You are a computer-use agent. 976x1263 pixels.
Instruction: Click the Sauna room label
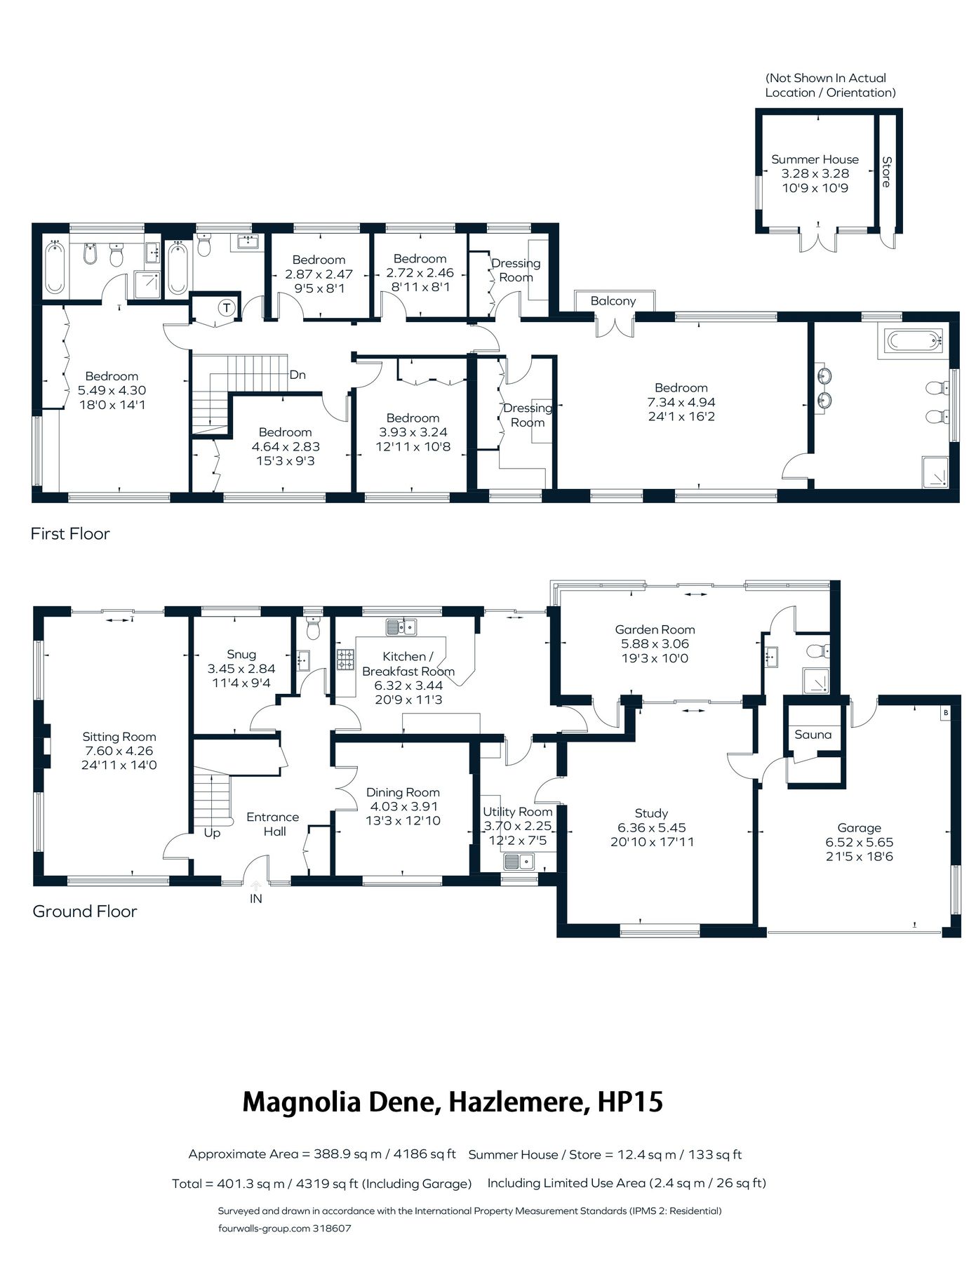coord(813,735)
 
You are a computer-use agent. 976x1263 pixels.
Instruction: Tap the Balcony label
coord(613,301)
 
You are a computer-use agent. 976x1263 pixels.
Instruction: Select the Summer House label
coord(815,159)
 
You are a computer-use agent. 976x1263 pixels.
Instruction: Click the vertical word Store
coord(886,172)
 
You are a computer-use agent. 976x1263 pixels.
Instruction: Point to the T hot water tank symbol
coord(226,307)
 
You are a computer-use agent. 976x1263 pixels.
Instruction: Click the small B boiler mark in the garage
coord(945,713)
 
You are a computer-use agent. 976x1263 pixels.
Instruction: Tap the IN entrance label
coord(255,898)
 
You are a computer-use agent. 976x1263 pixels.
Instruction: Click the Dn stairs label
coord(298,375)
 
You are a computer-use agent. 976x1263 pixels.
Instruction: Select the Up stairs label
coord(212,833)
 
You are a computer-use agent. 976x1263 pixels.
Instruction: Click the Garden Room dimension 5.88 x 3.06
coord(655,644)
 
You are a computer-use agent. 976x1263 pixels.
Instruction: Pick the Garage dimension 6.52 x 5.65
coord(859,842)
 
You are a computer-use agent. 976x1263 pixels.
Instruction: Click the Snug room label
coord(241,655)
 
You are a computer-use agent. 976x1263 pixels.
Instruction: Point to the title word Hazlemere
coord(519,1102)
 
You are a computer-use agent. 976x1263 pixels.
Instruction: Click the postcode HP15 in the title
coord(629,1102)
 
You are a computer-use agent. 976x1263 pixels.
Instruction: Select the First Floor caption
coord(70,534)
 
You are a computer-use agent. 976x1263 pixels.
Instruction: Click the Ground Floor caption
coord(84,911)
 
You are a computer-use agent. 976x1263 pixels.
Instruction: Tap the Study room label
coord(651,813)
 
